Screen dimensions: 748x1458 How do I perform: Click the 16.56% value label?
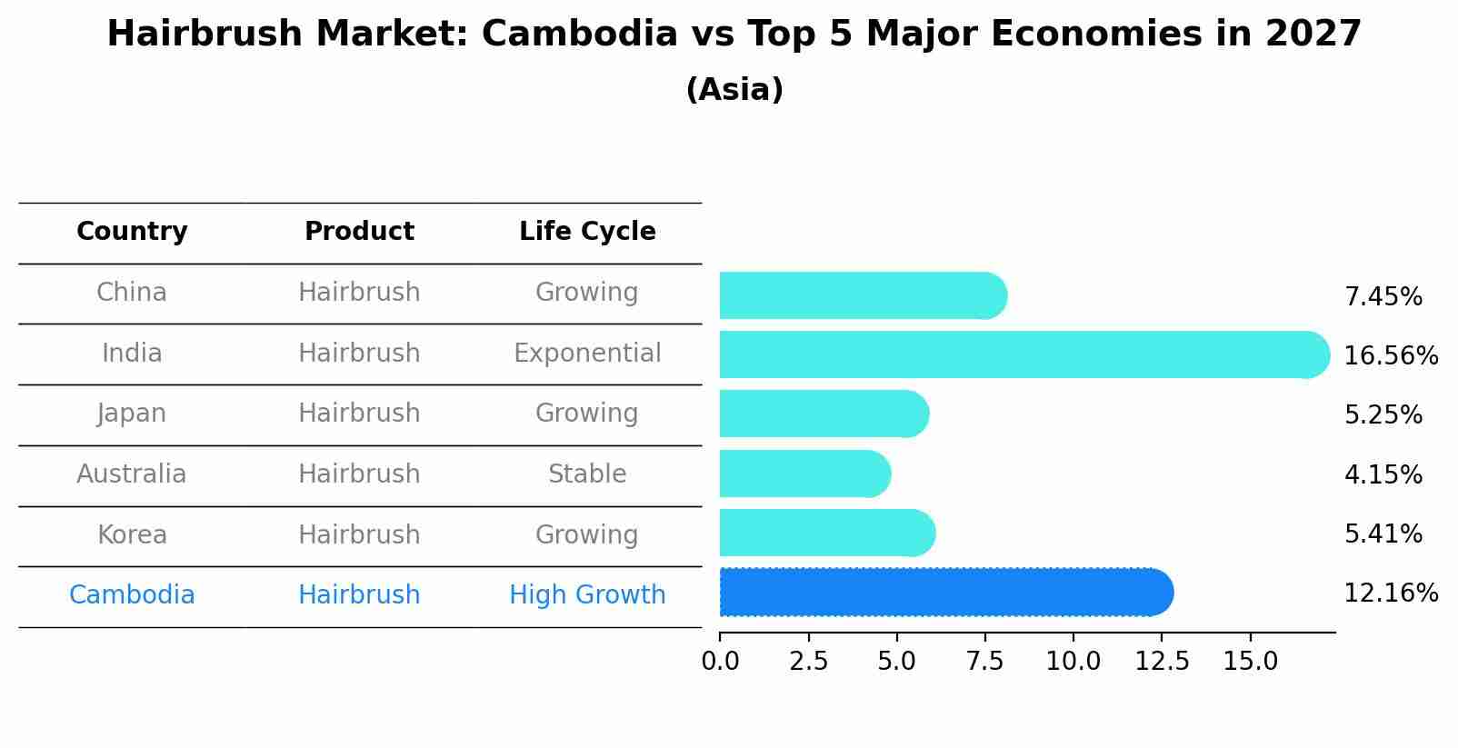pos(1390,355)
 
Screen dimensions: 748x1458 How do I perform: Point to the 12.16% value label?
pos(1390,593)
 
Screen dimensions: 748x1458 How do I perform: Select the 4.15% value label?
pos(1383,474)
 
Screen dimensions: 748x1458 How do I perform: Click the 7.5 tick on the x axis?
pos(985,661)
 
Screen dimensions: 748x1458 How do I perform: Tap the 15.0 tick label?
pos(1250,661)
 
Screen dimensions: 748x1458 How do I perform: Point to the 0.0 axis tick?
pos(720,661)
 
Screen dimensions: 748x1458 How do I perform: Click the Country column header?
pos(132,232)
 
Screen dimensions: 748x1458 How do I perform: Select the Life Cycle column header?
pos(587,232)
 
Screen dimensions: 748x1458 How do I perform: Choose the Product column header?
pos(359,232)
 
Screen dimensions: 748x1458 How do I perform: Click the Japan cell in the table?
pos(132,414)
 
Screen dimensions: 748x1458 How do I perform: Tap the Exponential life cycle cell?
pos(587,353)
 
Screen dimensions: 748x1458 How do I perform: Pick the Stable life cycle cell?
pos(587,474)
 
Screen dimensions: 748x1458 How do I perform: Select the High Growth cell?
pos(587,595)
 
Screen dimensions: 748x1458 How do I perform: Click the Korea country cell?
pos(132,534)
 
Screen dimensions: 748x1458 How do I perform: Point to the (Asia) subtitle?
pos(734,90)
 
